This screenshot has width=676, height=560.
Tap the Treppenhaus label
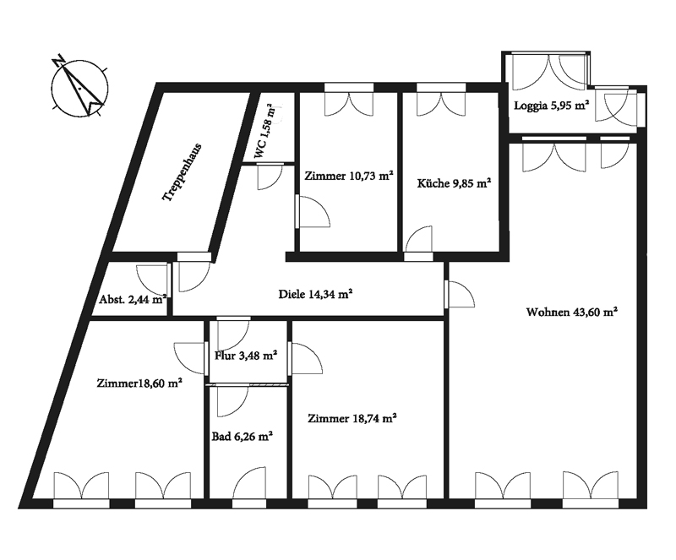pos(182,172)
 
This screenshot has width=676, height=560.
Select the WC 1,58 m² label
pos(264,132)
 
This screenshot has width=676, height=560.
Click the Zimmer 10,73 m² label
pos(349,176)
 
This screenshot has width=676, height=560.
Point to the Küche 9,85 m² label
pos(454,183)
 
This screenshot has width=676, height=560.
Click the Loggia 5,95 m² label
pos(552,106)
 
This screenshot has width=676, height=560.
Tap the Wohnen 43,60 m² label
pos(572,312)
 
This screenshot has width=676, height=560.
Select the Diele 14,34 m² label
pos(315,294)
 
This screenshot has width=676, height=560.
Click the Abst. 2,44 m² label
pos(133,299)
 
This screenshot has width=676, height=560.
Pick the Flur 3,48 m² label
pos(245,356)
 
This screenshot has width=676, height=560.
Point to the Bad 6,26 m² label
pos(243,437)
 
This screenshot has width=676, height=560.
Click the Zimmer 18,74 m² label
pos(352,418)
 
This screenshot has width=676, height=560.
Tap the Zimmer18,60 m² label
pos(139,383)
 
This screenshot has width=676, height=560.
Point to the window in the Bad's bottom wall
pos(249,503)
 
